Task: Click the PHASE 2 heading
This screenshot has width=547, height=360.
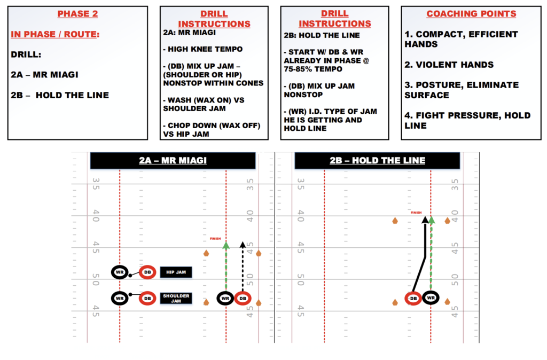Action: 78,14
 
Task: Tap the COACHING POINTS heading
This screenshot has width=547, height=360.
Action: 471,14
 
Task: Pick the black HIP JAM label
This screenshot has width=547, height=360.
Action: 175,272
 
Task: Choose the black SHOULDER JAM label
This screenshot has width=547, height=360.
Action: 175,298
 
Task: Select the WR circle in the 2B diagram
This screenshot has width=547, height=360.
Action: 430,298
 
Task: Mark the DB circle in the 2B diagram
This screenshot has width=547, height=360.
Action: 413,298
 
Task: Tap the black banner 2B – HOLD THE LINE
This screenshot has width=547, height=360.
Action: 377,160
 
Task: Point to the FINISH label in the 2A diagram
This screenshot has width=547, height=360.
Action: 215,239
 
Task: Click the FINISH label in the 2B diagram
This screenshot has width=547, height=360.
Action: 416,213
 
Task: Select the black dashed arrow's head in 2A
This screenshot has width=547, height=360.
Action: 243,245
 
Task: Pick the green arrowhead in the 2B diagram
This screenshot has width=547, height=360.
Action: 431,219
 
